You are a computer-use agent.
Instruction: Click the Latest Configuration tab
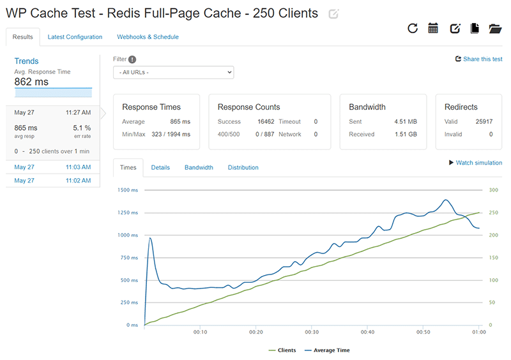pyautogui.click(x=75, y=37)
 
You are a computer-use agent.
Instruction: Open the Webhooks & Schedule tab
pyautogui.click(x=148, y=37)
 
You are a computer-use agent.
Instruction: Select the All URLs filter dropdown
pyautogui.click(x=173, y=73)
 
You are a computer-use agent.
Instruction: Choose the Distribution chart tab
pyautogui.click(x=243, y=168)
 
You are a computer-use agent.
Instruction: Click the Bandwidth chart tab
pyautogui.click(x=199, y=168)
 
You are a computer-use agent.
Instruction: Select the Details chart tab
pyautogui.click(x=160, y=168)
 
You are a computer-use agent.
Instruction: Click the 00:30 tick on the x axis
pyautogui.click(x=312, y=333)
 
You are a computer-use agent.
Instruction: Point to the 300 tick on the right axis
pyautogui.click(x=493, y=190)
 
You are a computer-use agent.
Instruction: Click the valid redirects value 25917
pyautogui.click(x=484, y=121)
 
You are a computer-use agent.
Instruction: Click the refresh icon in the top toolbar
pyautogui.click(x=413, y=28)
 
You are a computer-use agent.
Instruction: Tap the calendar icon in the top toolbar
pyautogui.click(x=433, y=28)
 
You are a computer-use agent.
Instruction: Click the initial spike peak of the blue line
pyautogui.click(x=149, y=238)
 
